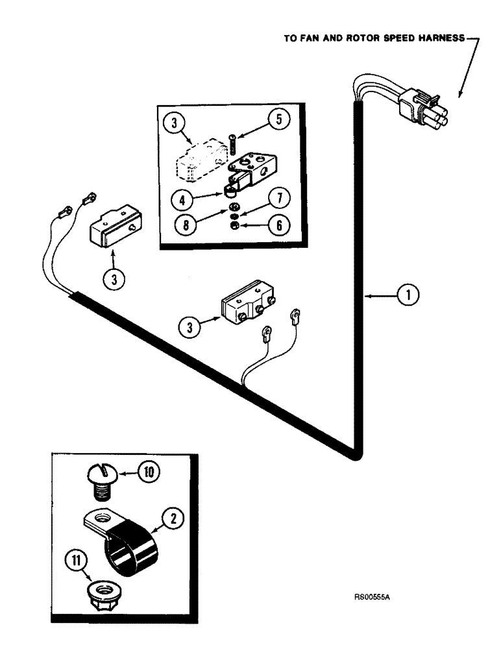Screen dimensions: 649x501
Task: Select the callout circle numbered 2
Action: point(173,519)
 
